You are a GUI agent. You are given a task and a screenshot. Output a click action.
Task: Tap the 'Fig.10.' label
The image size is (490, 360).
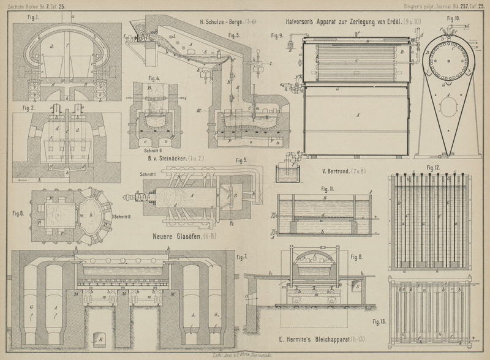453,19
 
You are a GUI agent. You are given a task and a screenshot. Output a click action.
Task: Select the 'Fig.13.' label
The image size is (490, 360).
380,321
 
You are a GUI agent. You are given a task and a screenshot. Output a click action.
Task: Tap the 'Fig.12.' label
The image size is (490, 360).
433,167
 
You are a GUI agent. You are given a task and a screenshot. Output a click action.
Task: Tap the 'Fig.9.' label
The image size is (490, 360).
276,36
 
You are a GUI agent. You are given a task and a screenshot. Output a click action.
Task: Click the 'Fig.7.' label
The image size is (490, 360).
242,256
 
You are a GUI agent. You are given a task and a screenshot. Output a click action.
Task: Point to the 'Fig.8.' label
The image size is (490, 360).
357,257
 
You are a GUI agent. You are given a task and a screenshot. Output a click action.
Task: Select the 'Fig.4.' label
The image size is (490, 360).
154,79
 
